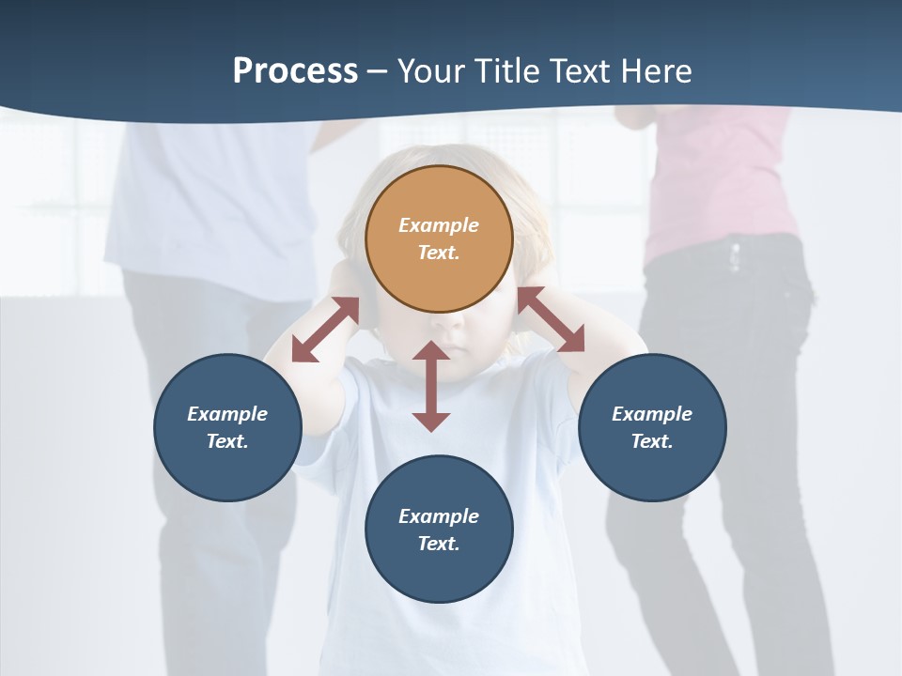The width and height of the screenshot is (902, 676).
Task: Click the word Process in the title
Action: click(295, 71)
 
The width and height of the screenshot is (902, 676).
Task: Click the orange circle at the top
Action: click(439, 238)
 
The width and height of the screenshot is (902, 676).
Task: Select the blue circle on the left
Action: click(227, 427)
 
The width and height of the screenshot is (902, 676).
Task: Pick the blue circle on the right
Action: click(652, 427)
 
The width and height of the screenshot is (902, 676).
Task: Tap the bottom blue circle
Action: click(439, 530)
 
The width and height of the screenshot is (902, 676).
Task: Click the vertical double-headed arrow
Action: click(431, 386)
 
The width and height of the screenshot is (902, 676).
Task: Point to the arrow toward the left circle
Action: click(325, 330)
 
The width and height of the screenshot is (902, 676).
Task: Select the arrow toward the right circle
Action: click(551, 319)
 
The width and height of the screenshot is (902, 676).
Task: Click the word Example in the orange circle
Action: click(439, 225)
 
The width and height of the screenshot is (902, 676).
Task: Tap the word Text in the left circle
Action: click(226, 441)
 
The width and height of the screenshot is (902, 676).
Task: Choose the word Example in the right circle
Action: click(652, 414)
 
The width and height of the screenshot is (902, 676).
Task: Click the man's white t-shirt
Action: click(216, 207)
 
